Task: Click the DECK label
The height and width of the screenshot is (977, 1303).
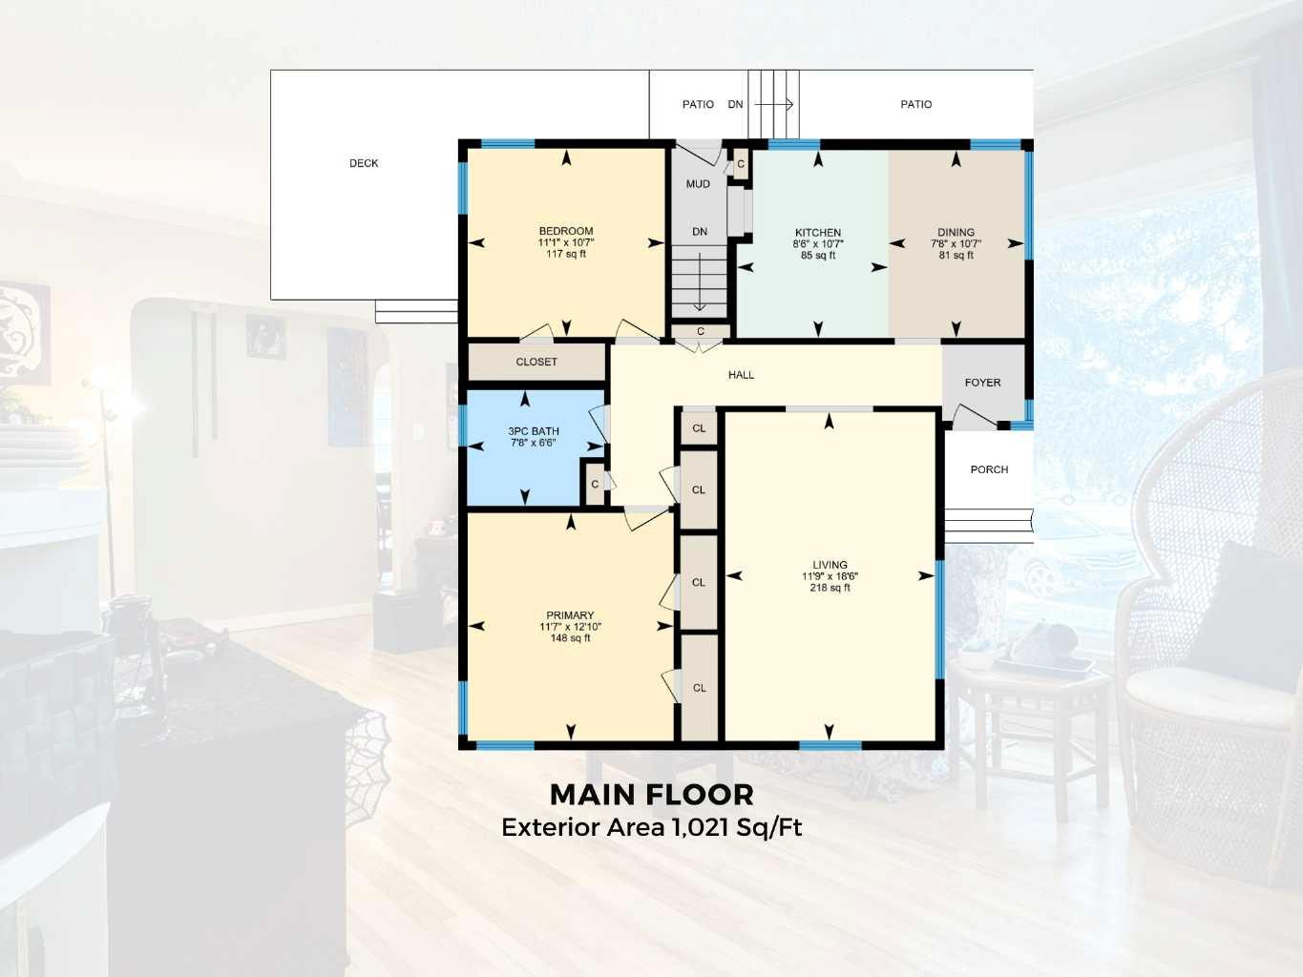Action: [x=364, y=163]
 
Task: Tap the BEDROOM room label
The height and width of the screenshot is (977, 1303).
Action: [x=566, y=231]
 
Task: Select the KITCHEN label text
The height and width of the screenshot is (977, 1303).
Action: [x=818, y=233]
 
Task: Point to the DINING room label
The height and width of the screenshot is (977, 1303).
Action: [x=956, y=232]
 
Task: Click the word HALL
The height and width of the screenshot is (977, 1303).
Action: [x=741, y=375]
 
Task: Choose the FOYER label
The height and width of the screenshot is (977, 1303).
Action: [x=982, y=383]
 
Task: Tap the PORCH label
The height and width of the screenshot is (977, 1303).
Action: [x=989, y=469]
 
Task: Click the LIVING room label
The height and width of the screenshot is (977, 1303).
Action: [x=830, y=565]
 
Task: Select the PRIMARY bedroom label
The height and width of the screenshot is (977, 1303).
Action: [x=570, y=615]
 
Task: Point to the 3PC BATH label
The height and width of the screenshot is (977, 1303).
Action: [x=534, y=431]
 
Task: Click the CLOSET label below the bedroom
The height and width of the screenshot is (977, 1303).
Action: [x=536, y=362]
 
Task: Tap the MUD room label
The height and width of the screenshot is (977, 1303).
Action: [x=698, y=184]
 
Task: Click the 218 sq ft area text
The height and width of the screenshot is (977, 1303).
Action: [x=830, y=588]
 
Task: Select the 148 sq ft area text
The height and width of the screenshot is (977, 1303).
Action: [x=570, y=638]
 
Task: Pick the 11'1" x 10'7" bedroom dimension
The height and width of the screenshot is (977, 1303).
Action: [x=566, y=242]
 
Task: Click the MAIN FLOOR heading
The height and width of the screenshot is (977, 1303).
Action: [x=652, y=794]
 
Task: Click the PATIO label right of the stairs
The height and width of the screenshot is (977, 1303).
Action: [x=915, y=104]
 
